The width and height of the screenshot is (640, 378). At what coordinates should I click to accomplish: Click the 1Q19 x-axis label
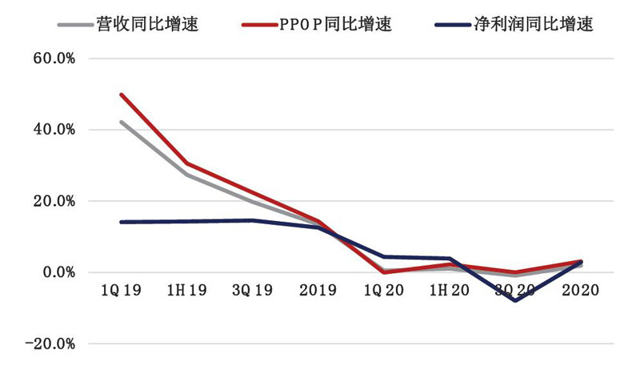(122, 290)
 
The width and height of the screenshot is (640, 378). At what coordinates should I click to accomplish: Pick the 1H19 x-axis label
(187, 290)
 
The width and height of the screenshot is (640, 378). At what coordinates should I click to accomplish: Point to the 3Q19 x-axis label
(253, 290)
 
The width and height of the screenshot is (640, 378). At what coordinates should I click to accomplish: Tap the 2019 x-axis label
(318, 290)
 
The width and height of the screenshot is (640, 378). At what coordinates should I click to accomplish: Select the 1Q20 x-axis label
(384, 290)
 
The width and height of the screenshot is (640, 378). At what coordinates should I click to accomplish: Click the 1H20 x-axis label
(450, 290)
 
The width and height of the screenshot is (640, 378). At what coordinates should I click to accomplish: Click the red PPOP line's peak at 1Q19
(122, 94)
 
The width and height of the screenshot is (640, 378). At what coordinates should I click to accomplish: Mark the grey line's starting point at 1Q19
(122, 123)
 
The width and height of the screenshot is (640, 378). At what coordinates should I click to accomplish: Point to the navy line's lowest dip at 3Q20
(515, 300)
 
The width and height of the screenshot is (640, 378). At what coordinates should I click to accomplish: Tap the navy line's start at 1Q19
(122, 222)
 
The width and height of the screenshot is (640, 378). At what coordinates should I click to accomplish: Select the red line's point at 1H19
(187, 163)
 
